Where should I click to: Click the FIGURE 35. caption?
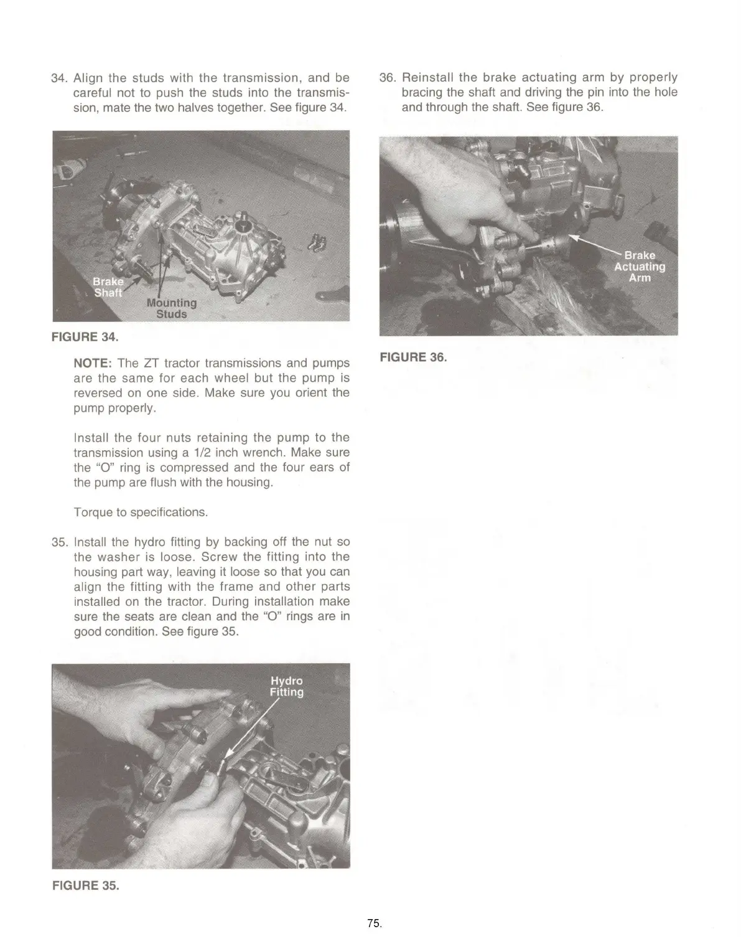click(85, 885)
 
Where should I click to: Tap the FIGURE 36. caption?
click(413, 357)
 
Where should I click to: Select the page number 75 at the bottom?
click(373, 923)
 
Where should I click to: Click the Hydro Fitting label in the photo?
click(286, 686)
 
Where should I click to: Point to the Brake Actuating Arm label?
click(640, 267)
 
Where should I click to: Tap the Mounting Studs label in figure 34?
click(171, 308)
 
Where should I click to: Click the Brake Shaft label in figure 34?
click(108, 287)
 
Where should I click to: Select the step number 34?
click(59, 78)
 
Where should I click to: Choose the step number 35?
click(59, 542)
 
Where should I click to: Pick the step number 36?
click(388, 78)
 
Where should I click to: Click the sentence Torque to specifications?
click(141, 512)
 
